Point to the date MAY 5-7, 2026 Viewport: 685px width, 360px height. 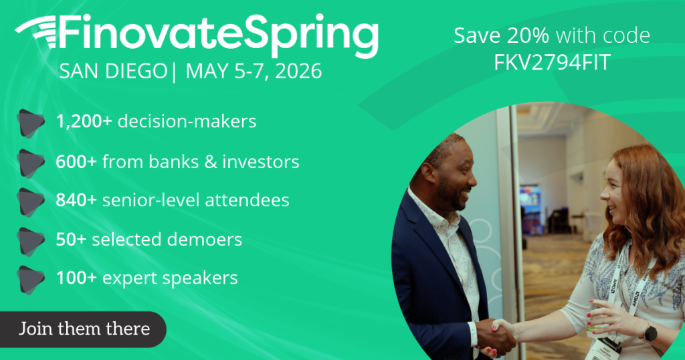point(254,70)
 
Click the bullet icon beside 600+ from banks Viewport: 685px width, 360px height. point(31,163)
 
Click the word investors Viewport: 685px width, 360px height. point(265,161)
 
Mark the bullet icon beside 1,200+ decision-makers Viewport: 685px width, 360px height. point(31,123)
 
